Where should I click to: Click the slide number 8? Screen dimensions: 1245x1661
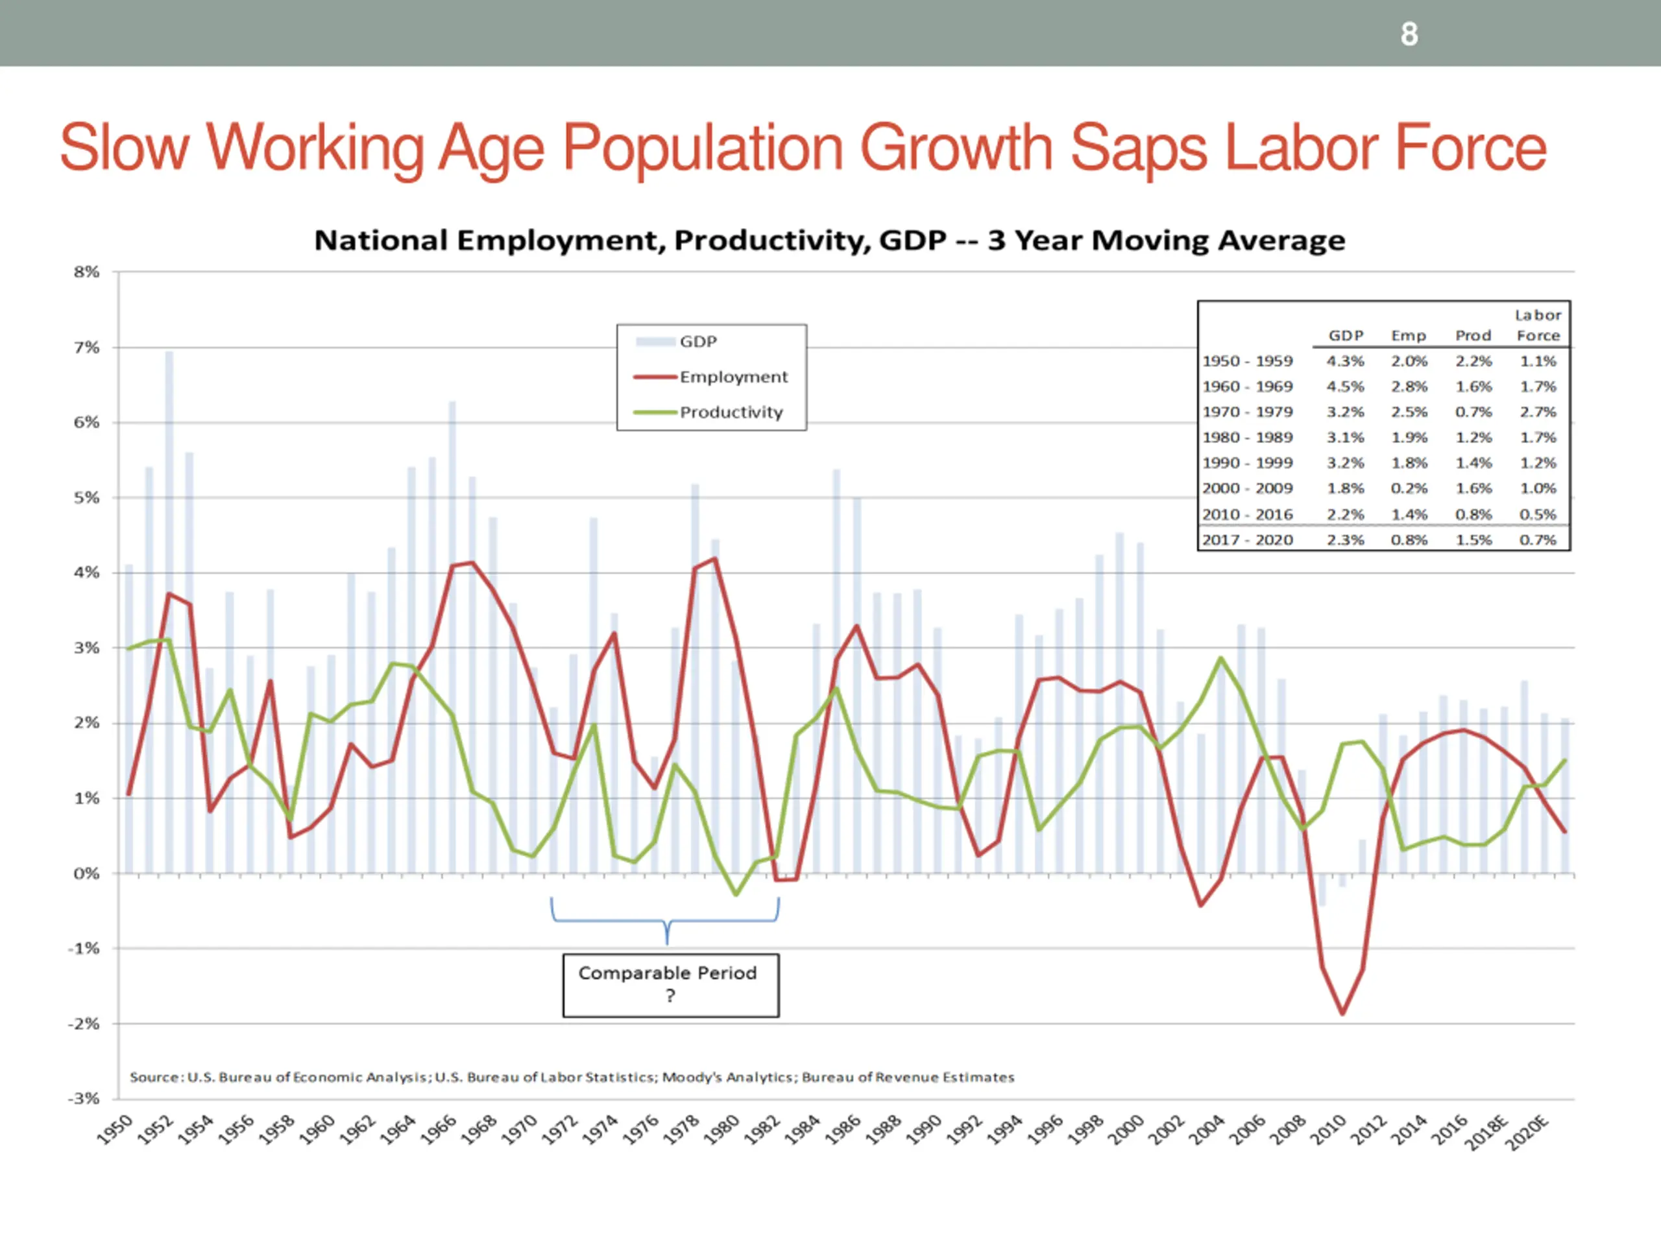click(x=1409, y=34)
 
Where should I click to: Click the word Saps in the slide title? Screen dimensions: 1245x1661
click(x=1137, y=148)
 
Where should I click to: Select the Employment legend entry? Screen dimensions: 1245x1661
click(x=733, y=377)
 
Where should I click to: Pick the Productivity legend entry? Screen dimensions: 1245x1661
click(x=731, y=412)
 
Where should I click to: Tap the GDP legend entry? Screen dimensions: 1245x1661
click(x=697, y=342)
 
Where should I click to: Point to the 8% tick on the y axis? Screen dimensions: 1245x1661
click(x=86, y=272)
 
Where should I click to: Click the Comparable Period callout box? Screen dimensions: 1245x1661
click(x=670, y=984)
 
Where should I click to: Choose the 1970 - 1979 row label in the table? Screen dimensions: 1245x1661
click(x=1247, y=412)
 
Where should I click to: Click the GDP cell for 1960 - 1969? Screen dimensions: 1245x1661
click(x=1345, y=386)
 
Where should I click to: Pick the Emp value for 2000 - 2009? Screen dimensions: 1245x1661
click(x=1409, y=488)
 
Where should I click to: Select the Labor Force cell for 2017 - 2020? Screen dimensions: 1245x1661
click(x=1538, y=539)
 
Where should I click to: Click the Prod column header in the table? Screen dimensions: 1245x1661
click(x=1473, y=335)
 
